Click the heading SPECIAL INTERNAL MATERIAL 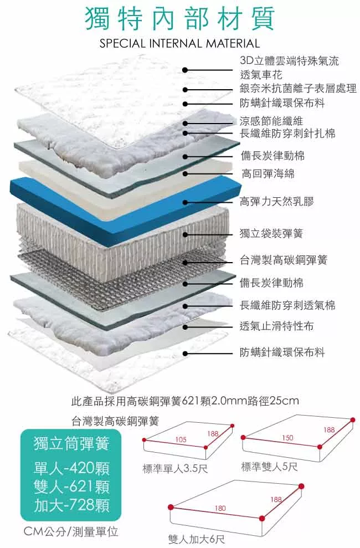click(x=179, y=43)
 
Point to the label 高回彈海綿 click(x=268, y=174)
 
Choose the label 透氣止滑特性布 click(x=277, y=326)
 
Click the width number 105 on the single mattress click(x=181, y=439)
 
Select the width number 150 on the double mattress click(x=287, y=438)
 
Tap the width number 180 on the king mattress click(x=220, y=508)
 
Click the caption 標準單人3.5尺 click(x=175, y=469)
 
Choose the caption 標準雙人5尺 click(x=270, y=467)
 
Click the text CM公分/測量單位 click(x=71, y=532)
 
